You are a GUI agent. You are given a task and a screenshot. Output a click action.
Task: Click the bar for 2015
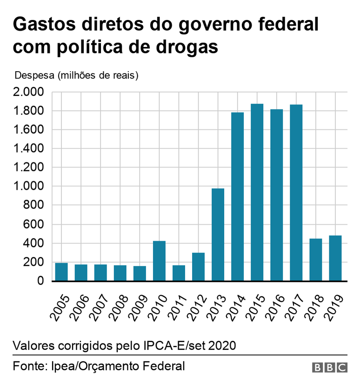(x=257, y=193)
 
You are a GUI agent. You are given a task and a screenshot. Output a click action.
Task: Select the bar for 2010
(x=159, y=261)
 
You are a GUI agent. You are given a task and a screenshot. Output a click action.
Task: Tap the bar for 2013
(x=218, y=235)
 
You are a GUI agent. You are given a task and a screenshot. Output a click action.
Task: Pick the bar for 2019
(x=335, y=258)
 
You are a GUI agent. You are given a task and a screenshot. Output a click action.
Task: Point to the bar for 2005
(x=61, y=272)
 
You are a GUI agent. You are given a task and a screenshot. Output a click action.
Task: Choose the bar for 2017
(x=296, y=193)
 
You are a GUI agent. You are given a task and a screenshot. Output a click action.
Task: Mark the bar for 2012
(x=198, y=267)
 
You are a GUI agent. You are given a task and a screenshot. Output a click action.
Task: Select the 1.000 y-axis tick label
(x=29, y=186)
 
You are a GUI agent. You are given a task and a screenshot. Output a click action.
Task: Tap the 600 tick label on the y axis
(x=34, y=224)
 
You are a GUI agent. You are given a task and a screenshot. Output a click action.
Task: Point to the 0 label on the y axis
(x=41, y=282)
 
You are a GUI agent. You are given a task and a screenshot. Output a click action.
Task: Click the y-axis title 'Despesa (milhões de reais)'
(x=77, y=75)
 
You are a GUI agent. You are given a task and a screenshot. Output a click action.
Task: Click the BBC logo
(x=329, y=367)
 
